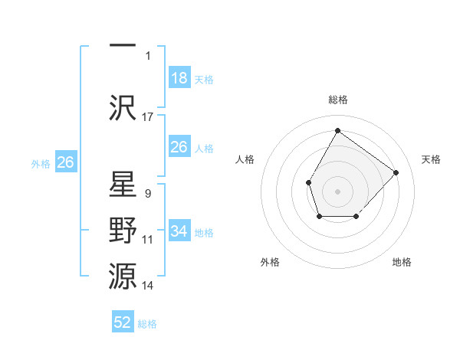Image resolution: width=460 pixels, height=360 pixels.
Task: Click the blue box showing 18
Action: [179, 78]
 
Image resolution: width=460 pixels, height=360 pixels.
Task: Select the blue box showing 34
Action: [179, 231]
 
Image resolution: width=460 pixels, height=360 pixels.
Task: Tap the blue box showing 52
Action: [123, 322]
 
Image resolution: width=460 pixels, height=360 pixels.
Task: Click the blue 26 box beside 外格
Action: [65, 162]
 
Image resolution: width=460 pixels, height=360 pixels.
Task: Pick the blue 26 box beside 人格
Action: [179, 147]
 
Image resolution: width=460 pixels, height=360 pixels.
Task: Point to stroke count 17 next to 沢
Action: [148, 117]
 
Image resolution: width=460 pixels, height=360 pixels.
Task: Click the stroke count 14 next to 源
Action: [148, 286]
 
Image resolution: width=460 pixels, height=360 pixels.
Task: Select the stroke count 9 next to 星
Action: [147, 194]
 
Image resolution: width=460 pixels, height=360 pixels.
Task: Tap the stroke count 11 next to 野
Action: [148, 240]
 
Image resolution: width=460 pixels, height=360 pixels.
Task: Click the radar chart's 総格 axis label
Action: [338, 100]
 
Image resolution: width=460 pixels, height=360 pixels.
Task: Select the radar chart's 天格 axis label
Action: [432, 159]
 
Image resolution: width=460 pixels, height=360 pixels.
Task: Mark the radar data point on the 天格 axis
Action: [396, 172]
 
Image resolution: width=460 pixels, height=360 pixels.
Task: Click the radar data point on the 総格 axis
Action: [337, 131]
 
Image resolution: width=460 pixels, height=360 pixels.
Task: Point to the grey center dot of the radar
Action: [337, 191]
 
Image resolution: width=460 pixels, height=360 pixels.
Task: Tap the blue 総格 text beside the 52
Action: [147, 324]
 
